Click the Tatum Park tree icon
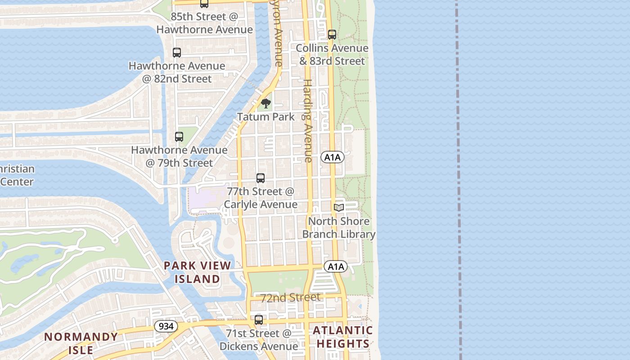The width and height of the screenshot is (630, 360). click(266, 103)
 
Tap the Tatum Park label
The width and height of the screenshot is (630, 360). click(266, 117)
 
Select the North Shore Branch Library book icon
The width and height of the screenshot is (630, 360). click(339, 207)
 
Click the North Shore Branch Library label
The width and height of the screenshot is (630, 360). click(339, 228)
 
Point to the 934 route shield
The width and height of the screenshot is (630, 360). click(166, 326)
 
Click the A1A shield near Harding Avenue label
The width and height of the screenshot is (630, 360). click(333, 157)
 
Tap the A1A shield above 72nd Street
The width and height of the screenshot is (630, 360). click(336, 266)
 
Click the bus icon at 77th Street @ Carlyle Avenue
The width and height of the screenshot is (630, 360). click(261, 178)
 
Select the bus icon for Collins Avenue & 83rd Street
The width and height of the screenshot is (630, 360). click(332, 34)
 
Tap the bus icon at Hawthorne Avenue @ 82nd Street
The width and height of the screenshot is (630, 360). click(177, 52)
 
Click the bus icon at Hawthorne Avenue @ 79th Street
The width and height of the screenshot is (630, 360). click(179, 136)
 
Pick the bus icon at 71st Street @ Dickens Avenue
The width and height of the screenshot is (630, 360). click(259, 320)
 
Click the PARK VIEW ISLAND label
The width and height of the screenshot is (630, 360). click(198, 272)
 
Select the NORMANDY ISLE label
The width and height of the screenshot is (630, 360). click(81, 343)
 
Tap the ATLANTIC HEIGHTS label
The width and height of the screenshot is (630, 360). click(343, 337)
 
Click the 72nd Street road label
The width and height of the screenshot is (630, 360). click(291, 297)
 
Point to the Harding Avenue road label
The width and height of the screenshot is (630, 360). click(308, 121)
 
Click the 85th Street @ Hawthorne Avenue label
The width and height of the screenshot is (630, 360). click(204, 23)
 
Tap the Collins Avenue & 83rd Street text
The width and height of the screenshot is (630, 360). click(332, 54)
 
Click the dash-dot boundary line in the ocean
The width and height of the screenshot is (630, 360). click(459, 180)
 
